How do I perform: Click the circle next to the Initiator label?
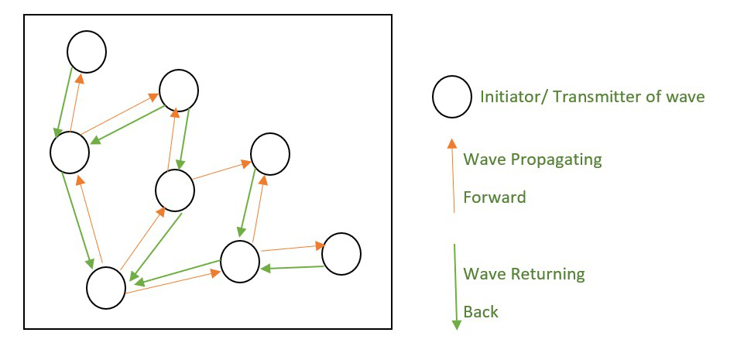tap(452, 97)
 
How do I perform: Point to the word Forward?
tap(494, 197)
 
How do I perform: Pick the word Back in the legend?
tap(480, 312)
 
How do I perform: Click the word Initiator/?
tap(506, 97)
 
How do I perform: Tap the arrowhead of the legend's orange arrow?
tap(453, 143)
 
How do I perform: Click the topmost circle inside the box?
tap(87, 51)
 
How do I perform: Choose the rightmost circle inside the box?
tap(341, 254)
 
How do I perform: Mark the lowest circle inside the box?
tap(106, 287)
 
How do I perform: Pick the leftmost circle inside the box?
tap(70, 153)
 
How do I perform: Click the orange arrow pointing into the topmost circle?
tap(76, 101)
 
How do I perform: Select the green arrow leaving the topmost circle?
tap(63, 101)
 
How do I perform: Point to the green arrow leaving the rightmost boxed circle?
tap(291, 268)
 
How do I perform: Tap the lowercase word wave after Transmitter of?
tap(685, 97)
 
